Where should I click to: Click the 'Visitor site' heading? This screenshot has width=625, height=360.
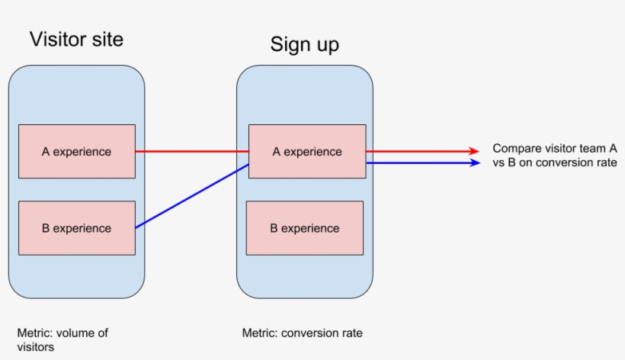point(76,39)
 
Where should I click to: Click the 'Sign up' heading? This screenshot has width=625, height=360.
point(304,44)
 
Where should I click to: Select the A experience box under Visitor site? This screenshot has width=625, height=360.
point(76,151)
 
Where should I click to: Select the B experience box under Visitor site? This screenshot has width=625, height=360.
point(76,228)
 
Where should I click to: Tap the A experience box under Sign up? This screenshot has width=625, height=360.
point(307,151)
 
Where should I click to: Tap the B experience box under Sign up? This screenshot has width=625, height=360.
point(304,228)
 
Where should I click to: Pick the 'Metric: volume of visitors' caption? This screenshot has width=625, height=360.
point(62,339)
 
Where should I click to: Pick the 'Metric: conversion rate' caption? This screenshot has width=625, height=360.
point(302,333)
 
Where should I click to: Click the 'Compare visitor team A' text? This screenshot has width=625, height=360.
point(554,149)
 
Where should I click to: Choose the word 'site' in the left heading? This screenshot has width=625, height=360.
point(107,39)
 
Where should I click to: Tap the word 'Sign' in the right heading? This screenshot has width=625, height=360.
point(288,44)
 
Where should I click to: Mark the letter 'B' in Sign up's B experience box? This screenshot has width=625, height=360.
point(274,228)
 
